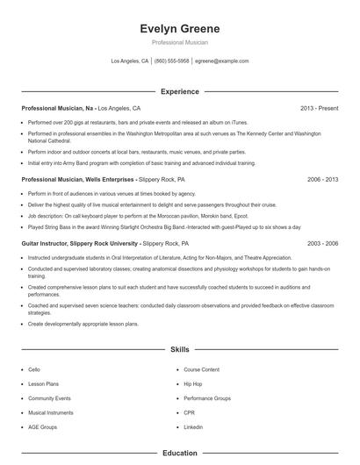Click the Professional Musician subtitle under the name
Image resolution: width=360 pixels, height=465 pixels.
coord(180,42)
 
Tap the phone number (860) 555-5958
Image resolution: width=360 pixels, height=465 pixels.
coord(172,61)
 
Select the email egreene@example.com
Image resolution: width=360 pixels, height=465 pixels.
coord(222,61)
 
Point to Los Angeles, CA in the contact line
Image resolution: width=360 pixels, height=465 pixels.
coord(130,61)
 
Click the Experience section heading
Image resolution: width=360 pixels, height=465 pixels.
coord(180,91)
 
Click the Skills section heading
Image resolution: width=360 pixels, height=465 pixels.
coord(180,349)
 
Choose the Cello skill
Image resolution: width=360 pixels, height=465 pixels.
coord(34,370)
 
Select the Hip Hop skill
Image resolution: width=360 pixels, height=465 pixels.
coord(192,384)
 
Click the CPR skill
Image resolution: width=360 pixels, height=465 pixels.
coord(189,412)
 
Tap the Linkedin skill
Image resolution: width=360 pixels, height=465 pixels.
coord(193,426)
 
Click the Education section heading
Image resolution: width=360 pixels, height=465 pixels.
coord(180,454)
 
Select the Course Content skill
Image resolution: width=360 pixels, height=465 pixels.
coord(201,370)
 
